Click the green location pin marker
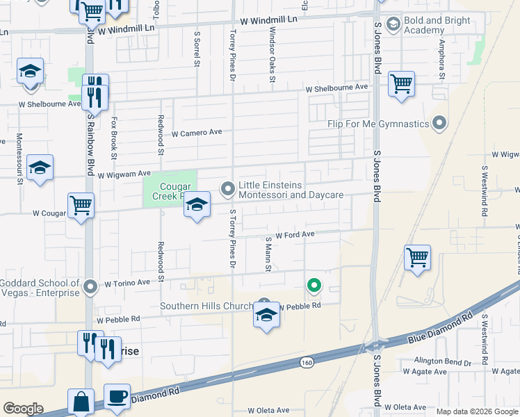(x=314, y=284)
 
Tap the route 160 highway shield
(x=307, y=361)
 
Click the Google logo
(x=22, y=409)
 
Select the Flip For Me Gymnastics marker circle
(x=439, y=124)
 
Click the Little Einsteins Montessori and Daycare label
(x=291, y=190)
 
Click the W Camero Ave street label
(x=197, y=132)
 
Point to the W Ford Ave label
(x=295, y=236)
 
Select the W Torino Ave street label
(x=127, y=283)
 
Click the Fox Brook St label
(x=113, y=135)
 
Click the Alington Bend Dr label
(x=444, y=361)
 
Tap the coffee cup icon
(x=117, y=395)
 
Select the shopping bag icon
(x=81, y=401)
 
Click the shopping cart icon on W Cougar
(x=81, y=206)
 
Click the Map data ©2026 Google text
(x=477, y=411)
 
